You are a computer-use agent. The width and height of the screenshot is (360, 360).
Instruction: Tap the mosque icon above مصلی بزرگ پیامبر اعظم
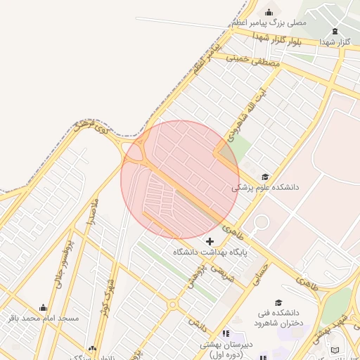point(268,12)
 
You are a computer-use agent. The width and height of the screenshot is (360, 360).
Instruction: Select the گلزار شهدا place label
point(334,42)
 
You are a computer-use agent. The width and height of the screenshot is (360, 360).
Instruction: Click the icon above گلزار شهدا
point(334,31)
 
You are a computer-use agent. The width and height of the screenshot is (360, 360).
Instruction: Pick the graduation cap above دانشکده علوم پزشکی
point(265,177)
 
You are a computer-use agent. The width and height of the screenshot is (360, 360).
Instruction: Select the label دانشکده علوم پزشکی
point(266,188)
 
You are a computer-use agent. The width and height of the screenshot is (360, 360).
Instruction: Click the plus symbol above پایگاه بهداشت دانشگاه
point(210,241)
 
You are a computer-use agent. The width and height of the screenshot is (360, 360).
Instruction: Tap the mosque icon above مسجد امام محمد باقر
point(44,308)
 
